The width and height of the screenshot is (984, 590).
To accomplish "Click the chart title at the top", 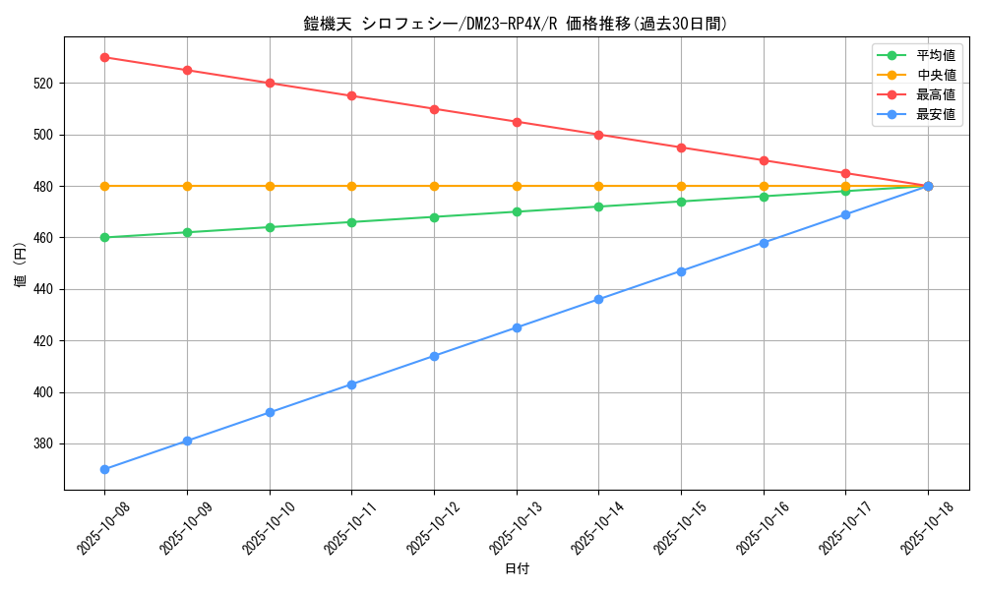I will tap(516, 24).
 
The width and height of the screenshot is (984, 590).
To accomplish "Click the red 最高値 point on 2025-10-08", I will tap(104, 57).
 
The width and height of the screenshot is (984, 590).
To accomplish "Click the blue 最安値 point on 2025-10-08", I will tap(104, 469).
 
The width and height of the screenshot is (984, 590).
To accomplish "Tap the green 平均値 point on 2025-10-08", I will tap(104, 237).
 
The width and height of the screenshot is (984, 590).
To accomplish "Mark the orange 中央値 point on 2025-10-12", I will tap(434, 186).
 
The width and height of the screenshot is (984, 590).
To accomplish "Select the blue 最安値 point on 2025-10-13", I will tap(517, 327).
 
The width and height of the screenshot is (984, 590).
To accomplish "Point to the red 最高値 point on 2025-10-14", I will tap(598, 135).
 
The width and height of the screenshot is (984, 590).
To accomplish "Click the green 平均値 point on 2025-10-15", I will tap(681, 202).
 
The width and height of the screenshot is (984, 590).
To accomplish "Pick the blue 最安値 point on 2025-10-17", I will tap(845, 214).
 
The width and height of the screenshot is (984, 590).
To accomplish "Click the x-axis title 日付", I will tap(516, 568).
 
